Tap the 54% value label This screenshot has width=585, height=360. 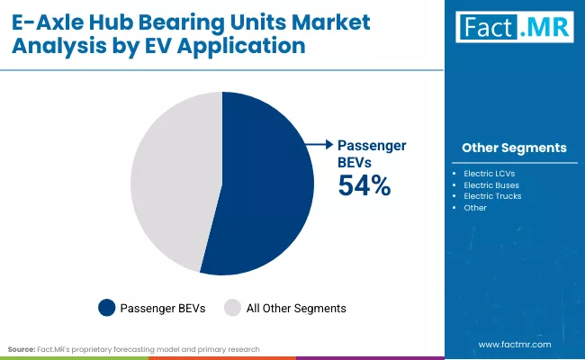pos(364,185)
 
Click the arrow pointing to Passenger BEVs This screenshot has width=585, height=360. pos(317,144)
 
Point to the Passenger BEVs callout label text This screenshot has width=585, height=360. pos(371,152)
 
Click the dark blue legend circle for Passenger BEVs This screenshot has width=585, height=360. pos(107,308)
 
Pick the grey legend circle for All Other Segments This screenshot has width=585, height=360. pos(232,308)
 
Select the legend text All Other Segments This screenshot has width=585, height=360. pos(295,308)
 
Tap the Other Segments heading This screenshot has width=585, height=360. pos(514,148)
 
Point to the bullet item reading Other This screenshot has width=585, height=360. pos(475,207)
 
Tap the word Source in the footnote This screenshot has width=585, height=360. pos(21,347)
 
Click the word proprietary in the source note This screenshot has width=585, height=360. pos(109,347)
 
